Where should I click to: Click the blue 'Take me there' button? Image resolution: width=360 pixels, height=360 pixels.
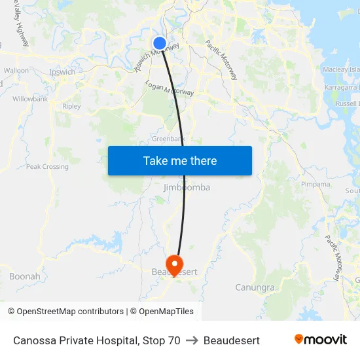pyautogui.click(x=180, y=160)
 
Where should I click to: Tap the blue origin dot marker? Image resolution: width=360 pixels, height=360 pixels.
pyautogui.click(x=160, y=43)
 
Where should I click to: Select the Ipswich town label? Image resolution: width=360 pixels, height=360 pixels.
pyautogui.click(x=62, y=72)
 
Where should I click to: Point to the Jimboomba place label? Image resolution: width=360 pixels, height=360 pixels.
pyautogui.click(x=187, y=187)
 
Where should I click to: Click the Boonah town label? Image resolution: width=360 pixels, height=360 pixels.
pyautogui.click(x=25, y=276)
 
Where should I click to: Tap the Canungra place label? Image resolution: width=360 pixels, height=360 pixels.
pyautogui.click(x=255, y=287)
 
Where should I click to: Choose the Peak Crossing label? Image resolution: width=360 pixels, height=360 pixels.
pyautogui.click(x=47, y=167)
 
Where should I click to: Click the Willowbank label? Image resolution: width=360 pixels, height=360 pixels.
pyautogui.click(x=30, y=99)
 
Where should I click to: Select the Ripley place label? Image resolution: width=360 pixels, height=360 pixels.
pyautogui.click(x=71, y=106)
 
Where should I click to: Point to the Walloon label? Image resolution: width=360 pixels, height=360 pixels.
pyautogui.click(x=16, y=70)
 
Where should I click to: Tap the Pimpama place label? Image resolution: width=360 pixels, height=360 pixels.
pyautogui.click(x=315, y=185)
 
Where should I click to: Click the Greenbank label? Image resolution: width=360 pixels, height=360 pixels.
pyautogui.click(x=168, y=139)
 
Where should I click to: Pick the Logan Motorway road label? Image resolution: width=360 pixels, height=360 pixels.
pyautogui.click(x=170, y=88)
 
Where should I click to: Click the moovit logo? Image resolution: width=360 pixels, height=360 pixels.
pyautogui.click(x=320, y=340)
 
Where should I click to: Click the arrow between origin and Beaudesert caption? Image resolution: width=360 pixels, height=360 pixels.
pyautogui.click(x=192, y=340)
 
